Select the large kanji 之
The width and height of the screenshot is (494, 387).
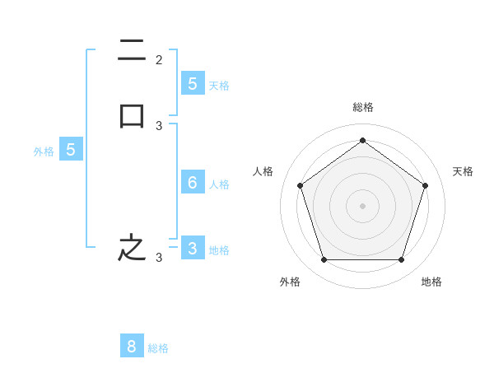point(132,248)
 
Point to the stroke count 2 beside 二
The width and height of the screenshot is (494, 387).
point(159,59)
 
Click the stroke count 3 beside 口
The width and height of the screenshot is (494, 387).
point(159,126)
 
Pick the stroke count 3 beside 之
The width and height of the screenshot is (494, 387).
point(159,258)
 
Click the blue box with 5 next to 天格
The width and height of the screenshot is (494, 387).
point(192,83)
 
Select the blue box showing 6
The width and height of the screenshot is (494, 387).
point(192,183)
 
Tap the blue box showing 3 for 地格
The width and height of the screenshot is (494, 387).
point(192,248)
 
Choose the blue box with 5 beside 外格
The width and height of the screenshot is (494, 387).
point(71,150)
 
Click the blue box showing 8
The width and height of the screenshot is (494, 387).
point(132,347)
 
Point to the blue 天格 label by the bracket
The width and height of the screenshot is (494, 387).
point(219,85)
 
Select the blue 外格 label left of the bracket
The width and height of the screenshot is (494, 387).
point(44,152)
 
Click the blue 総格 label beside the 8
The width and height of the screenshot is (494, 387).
point(158,348)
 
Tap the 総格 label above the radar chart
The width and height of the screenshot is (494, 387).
point(362,107)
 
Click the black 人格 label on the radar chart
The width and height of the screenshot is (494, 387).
point(263,171)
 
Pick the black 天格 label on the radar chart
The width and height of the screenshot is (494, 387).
point(463,171)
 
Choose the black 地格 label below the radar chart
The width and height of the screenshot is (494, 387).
point(431,282)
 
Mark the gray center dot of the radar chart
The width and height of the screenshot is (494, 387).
point(362,205)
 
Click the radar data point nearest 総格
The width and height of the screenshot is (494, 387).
point(362,140)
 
